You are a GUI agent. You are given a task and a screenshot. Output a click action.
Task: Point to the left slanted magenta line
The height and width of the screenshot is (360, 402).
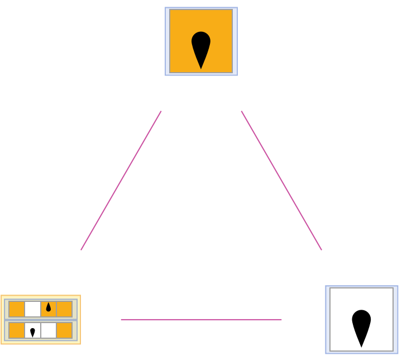(x=121, y=181)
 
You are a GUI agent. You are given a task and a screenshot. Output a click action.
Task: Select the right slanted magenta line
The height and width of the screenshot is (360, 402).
(x=281, y=181)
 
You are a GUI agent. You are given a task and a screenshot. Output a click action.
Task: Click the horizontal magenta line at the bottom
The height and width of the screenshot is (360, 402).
(x=201, y=320)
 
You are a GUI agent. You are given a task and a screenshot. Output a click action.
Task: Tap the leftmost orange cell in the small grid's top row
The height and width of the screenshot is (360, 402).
(x=17, y=309)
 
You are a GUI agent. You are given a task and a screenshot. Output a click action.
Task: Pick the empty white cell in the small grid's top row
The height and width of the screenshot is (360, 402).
(x=32, y=309)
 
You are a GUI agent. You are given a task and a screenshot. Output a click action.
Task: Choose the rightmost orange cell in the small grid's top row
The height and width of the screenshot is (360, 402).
(x=64, y=309)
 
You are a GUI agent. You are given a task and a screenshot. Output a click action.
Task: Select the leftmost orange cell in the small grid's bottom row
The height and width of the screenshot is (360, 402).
(x=17, y=330)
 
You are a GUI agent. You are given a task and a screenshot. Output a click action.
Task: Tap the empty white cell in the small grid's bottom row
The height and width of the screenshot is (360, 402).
(x=49, y=330)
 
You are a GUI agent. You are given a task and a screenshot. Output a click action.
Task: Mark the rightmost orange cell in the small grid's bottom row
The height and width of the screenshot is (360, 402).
(x=64, y=330)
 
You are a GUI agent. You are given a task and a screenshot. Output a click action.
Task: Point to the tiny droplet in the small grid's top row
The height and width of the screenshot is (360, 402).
(x=49, y=307)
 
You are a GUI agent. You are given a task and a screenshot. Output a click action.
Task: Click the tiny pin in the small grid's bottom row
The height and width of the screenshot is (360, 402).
(x=32, y=332)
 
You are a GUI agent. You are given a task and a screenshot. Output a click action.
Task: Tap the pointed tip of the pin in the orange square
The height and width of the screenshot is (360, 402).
(x=201, y=68)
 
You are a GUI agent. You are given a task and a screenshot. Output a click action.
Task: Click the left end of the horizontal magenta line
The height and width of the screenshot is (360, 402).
(x=121, y=320)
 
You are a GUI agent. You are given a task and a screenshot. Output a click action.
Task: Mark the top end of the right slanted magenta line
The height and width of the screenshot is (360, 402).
(x=242, y=111)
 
